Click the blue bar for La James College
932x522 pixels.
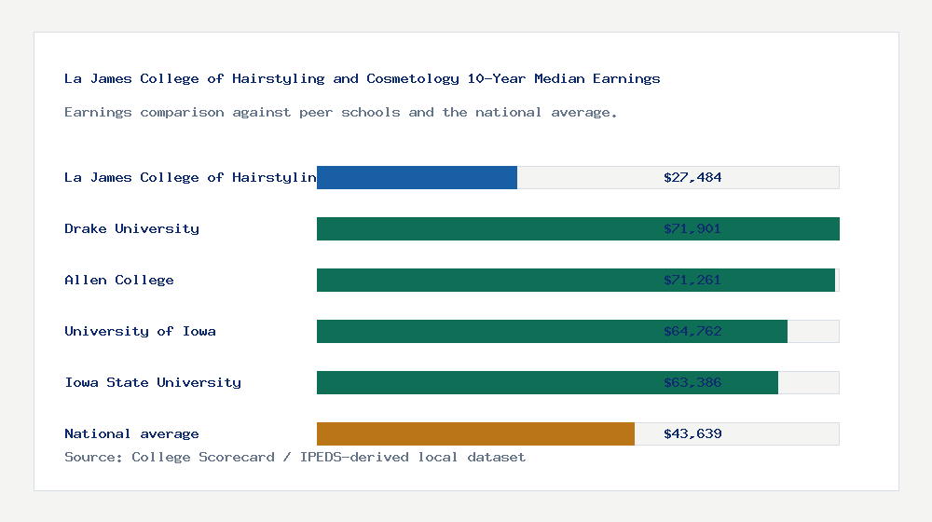tap(417, 177)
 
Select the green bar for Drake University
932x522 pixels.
tap(485, 228)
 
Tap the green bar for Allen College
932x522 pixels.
tap(485, 280)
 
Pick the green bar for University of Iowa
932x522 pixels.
tap(485, 331)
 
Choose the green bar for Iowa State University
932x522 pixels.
tap(485, 382)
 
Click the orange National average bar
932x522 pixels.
tap(475, 433)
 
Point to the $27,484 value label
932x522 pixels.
tap(692, 177)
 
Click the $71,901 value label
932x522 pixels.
tap(692, 228)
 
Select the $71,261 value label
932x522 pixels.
tap(692, 280)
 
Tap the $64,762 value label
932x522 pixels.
tap(692, 331)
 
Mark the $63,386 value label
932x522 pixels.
tap(692, 382)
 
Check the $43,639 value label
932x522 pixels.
tap(692, 433)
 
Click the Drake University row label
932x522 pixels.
tap(131, 228)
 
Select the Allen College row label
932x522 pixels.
tap(119, 280)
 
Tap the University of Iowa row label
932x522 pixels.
tap(140, 331)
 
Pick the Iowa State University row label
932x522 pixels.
tap(153, 382)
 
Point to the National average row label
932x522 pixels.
tap(131, 433)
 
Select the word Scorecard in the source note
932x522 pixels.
tap(237, 457)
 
